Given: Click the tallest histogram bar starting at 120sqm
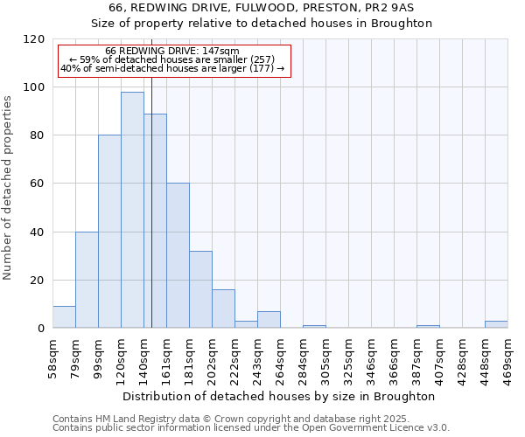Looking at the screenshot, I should [132, 210].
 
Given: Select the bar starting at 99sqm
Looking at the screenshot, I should [109, 232].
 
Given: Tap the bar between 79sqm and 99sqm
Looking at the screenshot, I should [87, 280].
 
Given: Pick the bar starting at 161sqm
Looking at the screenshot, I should [178, 255].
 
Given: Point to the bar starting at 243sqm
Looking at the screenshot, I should [269, 320].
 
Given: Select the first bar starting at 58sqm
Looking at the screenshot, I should [64, 317].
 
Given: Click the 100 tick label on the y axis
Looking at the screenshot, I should [35, 87].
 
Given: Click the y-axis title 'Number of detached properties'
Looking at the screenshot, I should [9, 188].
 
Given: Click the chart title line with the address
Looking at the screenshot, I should [262, 8].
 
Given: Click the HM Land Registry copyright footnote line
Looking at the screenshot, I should [250, 419].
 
